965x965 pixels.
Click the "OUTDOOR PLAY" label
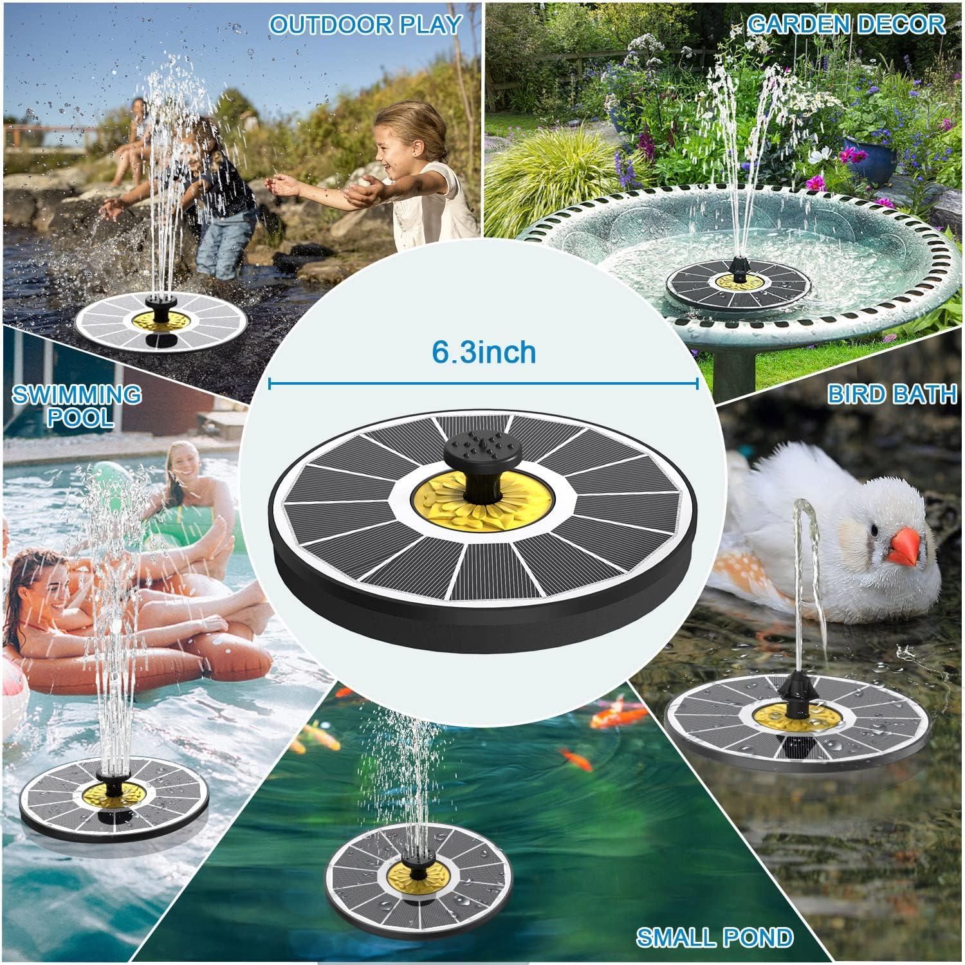click(x=365, y=24)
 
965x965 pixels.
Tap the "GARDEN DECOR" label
click(x=846, y=24)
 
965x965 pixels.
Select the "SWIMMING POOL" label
click(x=77, y=405)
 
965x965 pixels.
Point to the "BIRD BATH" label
click(x=892, y=394)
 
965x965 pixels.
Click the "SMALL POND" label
click(x=715, y=937)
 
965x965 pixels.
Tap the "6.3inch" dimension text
click(x=484, y=352)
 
